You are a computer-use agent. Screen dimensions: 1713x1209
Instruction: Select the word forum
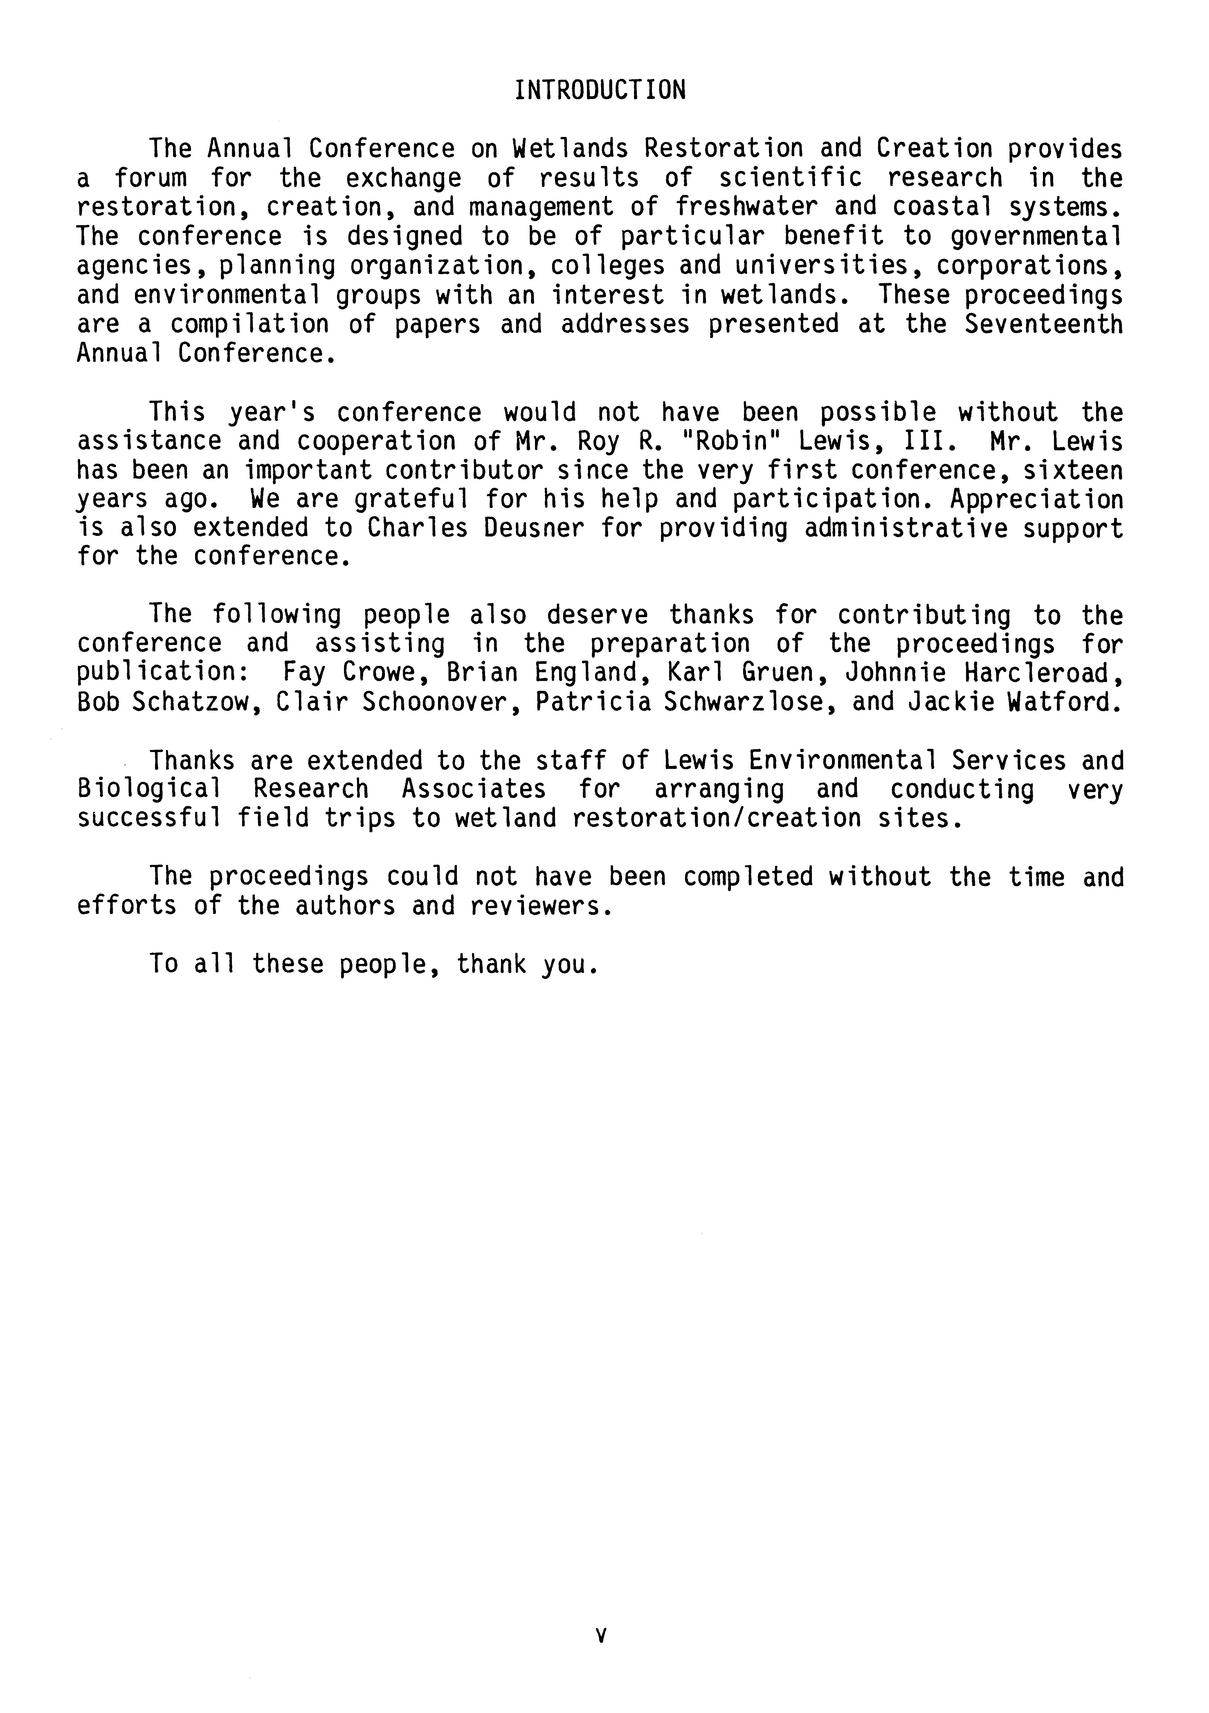coord(151,178)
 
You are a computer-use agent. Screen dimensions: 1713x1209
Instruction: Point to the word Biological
coord(149,789)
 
